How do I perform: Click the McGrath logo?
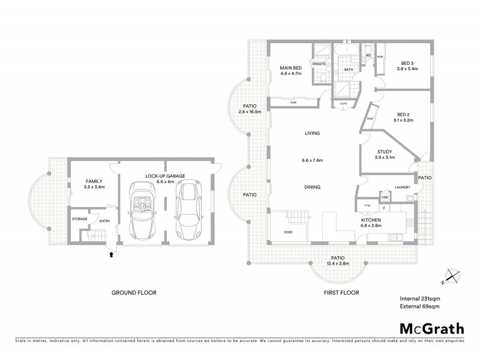[431, 328]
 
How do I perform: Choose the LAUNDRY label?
[402, 187]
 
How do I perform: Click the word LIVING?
[312, 133]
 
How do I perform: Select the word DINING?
[312, 187]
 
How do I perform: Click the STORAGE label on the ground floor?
[80, 219]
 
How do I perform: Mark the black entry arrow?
[112, 254]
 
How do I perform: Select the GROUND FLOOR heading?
[134, 293]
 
